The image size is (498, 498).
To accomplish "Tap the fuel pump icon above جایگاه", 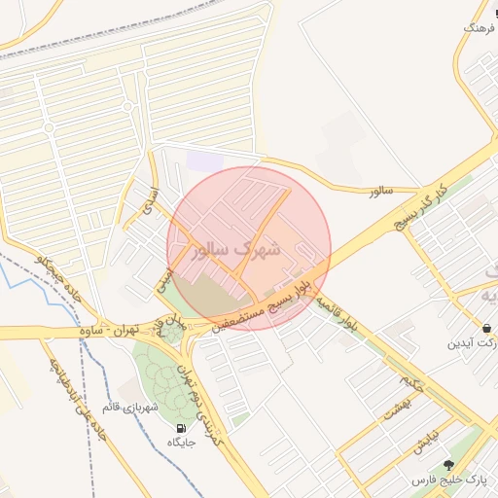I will point(181,428).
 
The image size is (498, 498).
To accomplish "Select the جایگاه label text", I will point(182,443).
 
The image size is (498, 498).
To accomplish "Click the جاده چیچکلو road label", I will point(56,278).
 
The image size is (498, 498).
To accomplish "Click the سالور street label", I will point(379,192).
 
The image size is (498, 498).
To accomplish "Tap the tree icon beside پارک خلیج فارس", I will point(448,466).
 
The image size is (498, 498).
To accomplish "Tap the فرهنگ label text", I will point(480,29).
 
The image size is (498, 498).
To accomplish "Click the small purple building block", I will point(204,160).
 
